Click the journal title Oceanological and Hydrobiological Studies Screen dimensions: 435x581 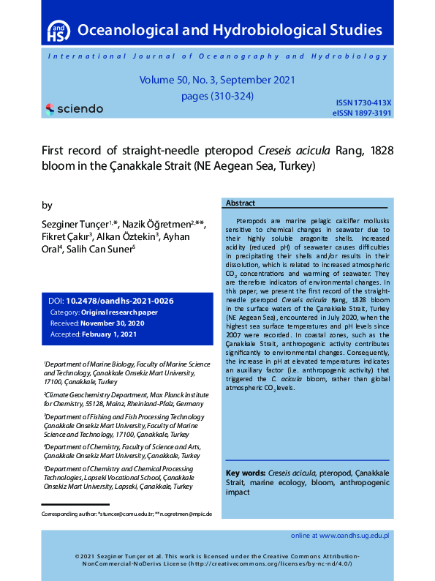click(230, 31)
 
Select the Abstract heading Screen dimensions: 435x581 click(241, 203)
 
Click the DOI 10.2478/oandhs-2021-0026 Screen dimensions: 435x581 click(119, 301)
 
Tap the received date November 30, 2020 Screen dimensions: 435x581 click(117, 323)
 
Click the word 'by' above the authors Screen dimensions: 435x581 click(47, 205)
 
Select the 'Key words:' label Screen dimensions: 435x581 click(246, 473)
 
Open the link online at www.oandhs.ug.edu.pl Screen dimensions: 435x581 click(339, 536)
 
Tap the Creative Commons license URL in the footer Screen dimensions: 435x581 click(271, 563)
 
